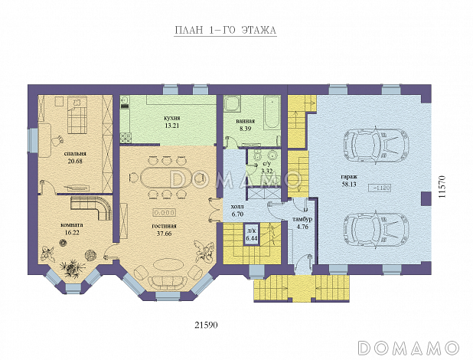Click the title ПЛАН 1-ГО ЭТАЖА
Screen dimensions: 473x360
pyautogui.click(x=226, y=31)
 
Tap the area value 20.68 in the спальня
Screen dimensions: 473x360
pyautogui.click(x=75, y=161)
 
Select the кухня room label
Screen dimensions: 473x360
pyautogui.click(x=172, y=118)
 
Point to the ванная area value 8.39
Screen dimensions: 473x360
pyautogui.click(x=245, y=129)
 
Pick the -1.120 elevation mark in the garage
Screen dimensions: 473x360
pyautogui.click(x=381, y=188)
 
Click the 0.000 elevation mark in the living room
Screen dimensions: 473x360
pyautogui.click(x=165, y=213)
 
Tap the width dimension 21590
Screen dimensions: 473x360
pyautogui.click(x=207, y=325)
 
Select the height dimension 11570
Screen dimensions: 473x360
pyautogui.click(x=442, y=187)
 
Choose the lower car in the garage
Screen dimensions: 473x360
pyautogui.click(x=377, y=231)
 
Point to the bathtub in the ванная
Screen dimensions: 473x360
pyautogui.click(x=272, y=113)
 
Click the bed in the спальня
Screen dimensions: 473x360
pyautogui.click(x=77, y=115)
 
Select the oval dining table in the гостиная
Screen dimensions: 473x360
pyautogui.click(x=165, y=178)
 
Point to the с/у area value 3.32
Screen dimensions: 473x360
pyautogui.click(x=266, y=172)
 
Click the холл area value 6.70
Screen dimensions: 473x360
pyautogui.click(x=237, y=214)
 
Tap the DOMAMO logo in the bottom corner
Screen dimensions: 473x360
pyautogui.click(x=409, y=348)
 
